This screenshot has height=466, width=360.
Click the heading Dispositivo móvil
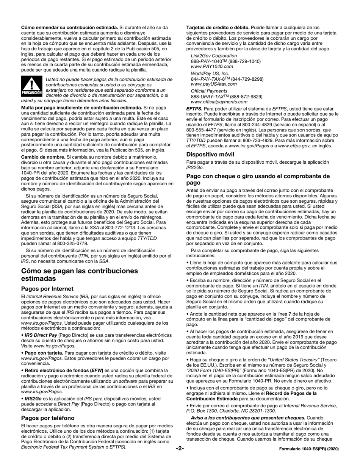pos(210,154)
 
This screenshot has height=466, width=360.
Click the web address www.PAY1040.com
pos(212,66)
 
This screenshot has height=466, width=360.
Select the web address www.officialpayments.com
pos(219,102)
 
